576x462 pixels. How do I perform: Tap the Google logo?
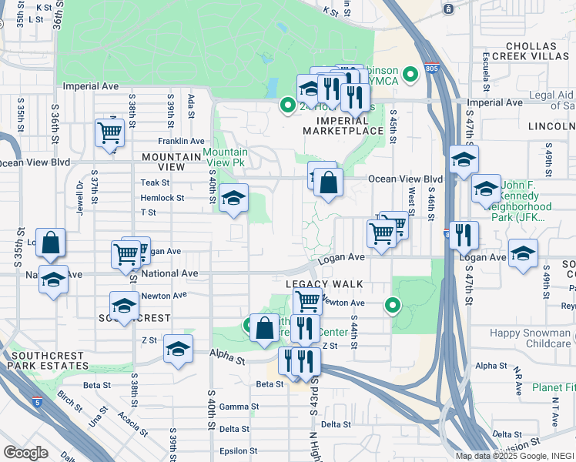[26, 453]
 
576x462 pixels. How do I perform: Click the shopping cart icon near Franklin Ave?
[109, 132]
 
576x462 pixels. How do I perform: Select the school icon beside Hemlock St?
[233, 199]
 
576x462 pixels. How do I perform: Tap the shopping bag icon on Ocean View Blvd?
[328, 183]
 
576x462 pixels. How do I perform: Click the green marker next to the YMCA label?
[411, 75]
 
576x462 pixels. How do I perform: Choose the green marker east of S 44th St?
[393, 306]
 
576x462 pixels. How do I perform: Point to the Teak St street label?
[155, 182]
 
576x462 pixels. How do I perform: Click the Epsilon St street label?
[237, 451]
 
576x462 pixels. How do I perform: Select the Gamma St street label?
[238, 407]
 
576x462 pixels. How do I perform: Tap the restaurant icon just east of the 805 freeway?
[464, 235]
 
